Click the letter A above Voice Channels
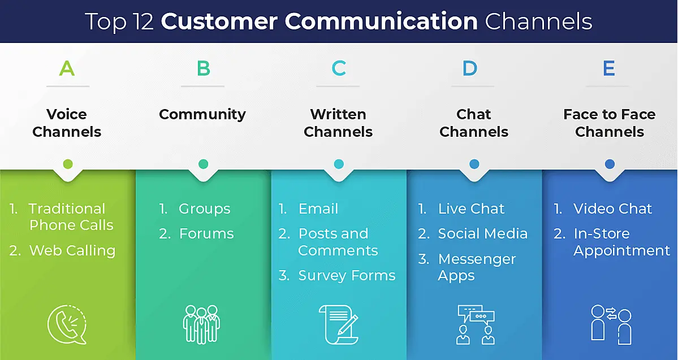(67, 68)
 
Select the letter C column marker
(338, 68)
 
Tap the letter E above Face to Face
(609, 68)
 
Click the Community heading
(202, 114)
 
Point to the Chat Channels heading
(474, 123)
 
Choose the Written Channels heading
(338, 123)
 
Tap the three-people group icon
(201, 324)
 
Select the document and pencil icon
(338, 324)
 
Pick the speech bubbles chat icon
(475, 324)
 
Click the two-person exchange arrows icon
(610, 324)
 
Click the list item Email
(318, 209)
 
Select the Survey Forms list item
(347, 275)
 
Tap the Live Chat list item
(471, 209)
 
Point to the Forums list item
(206, 233)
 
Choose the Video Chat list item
(612, 209)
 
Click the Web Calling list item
(72, 250)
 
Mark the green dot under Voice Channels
(67, 164)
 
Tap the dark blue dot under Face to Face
(610, 164)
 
